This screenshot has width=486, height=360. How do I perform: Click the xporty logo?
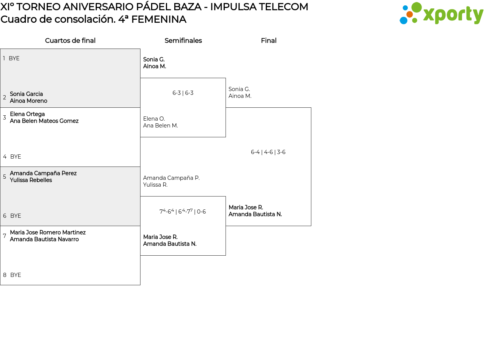click(x=441, y=14)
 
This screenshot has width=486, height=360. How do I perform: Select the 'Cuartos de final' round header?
click(x=70, y=41)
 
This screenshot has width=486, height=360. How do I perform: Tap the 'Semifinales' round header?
click(x=183, y=41)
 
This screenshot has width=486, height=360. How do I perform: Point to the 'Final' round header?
click(x=268, y=41)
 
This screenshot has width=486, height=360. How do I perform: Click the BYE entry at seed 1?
click(x=14, y=58)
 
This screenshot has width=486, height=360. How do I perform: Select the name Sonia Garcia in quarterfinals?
click(x=26, y=94)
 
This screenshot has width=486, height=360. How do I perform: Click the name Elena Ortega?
click(x=27, y=114)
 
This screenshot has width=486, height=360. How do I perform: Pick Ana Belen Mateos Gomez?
click(x=44, y=121)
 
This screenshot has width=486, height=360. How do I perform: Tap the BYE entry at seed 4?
click(x=16, y=157)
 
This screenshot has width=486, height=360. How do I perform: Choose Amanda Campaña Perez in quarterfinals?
click(x=43, y=173)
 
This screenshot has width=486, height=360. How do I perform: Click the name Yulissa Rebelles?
click(x=31, y=180)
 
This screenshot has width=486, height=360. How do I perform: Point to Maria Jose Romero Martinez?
click(x=48, y=233)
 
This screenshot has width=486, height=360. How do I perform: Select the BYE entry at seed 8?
click(x=16, y=275)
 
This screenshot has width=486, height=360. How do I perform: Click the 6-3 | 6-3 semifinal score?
click(x=183, y=93)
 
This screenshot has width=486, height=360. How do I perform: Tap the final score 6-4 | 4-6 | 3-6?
click(x=268, y=152)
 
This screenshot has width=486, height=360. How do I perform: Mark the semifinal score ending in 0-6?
click(x=183, y=212)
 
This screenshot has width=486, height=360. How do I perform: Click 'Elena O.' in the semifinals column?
click(x=154, y=119)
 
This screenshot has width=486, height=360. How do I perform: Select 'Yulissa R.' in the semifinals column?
click(x=155, y=185)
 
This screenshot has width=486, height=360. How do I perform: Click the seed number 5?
click(x=5, y=177)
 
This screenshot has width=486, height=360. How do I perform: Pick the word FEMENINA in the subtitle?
click(x=159, y=19)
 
